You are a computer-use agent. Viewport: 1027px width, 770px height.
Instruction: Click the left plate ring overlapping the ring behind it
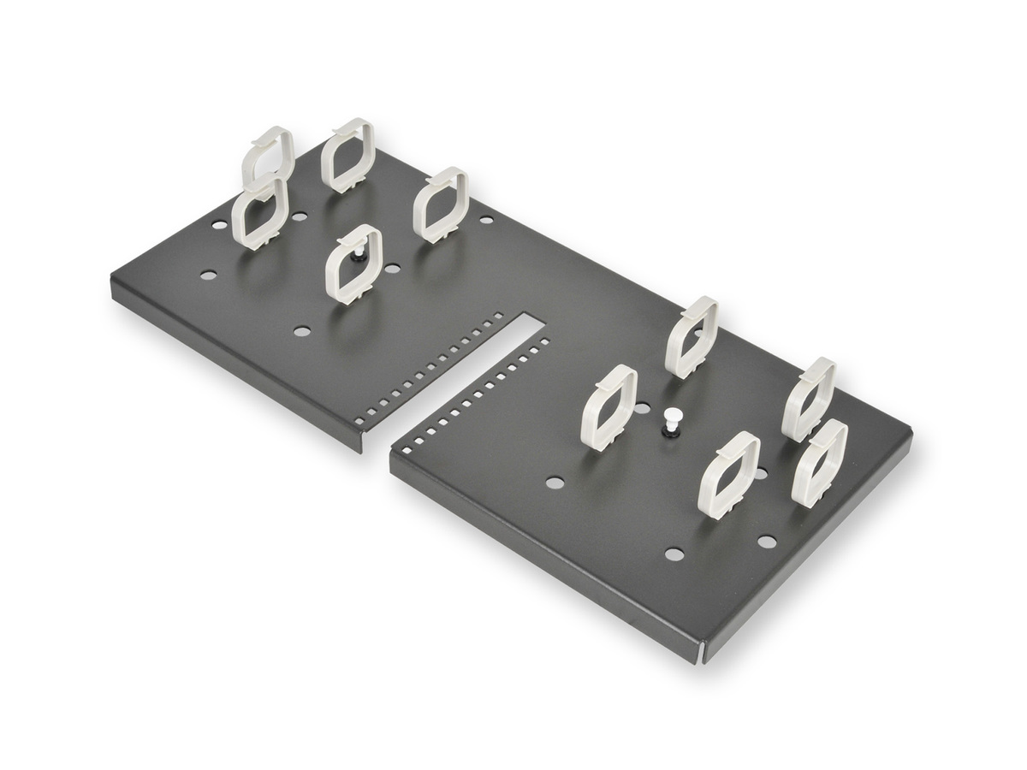click(258, 214)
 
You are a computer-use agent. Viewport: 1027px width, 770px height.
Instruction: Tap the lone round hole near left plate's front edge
click(300, 329)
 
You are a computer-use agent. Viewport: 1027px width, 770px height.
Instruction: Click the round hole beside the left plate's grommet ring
click(392, 269)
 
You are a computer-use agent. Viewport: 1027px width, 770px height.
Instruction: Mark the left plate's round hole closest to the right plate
click(486, 220)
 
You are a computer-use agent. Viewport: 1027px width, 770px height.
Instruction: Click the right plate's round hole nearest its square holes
click(553, 483)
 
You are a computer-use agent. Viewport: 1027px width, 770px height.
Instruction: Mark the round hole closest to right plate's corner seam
click(674, 554)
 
